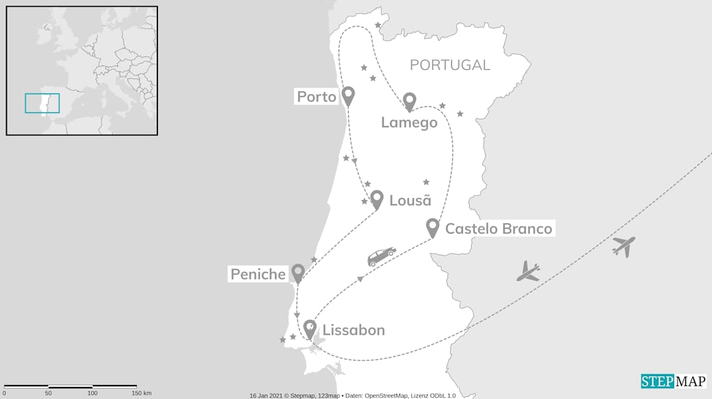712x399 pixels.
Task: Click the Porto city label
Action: [x=317, y=97]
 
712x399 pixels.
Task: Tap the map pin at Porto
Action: [x=348, y=96]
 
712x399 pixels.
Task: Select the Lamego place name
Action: [x=409, y=122]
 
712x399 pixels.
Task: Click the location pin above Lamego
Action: [x=410, y=101]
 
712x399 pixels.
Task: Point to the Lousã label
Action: [x=411, y=200]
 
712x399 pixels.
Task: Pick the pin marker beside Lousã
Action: [x=377, y=199]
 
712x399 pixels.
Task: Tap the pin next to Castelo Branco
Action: [x=432, y=227]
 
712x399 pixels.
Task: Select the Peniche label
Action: [x=258, y=274]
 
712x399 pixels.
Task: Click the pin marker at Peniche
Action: [x=298, y=273]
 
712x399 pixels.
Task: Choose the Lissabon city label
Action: [x=354, y=330]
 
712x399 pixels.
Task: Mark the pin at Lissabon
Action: [x=310, y=328]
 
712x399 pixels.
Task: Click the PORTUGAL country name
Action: [x=450, y=65]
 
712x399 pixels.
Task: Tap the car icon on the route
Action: [x=382, y=256]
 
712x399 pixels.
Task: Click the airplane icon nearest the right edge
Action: [x=624, y=245]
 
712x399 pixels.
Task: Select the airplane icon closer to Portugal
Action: [x=528, y=272]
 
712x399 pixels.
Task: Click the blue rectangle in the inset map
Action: [x=42, y=104]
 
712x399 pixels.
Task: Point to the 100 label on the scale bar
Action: [x=92, y=393]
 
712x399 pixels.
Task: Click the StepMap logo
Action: [x=674, y=381]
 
